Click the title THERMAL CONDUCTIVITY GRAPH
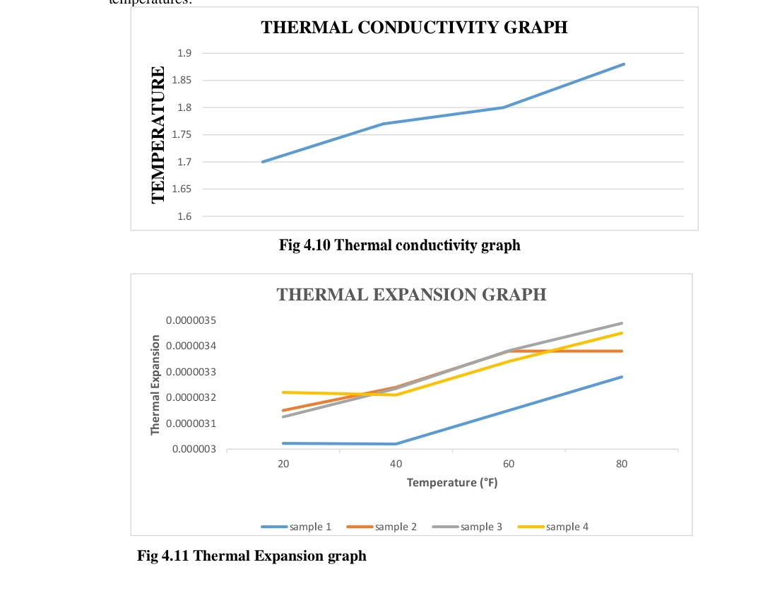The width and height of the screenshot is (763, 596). pos(414,28)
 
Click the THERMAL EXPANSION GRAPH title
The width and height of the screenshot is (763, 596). pos(411,295)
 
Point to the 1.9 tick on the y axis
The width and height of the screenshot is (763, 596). pos(184,53)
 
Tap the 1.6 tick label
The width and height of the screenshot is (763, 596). pos(184,216)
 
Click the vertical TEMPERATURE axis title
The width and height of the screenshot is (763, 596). pos(159,134)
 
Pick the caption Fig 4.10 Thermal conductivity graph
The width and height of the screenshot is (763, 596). pos(399,245)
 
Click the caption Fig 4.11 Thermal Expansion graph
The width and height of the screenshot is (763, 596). pos(252,556)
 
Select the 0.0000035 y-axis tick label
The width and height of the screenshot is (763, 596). pos(191,320)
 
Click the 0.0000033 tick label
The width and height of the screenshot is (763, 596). pos(191,372)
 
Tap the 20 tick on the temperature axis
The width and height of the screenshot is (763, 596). pos(283,464)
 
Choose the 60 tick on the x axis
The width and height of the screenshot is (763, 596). pos(509,464)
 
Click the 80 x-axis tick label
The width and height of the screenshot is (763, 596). pos(622,464)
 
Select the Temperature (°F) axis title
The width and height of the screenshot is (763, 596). pos(452,483)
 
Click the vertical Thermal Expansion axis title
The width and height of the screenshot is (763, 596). pos(155,385)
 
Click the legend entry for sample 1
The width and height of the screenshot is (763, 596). pos(297,527)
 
